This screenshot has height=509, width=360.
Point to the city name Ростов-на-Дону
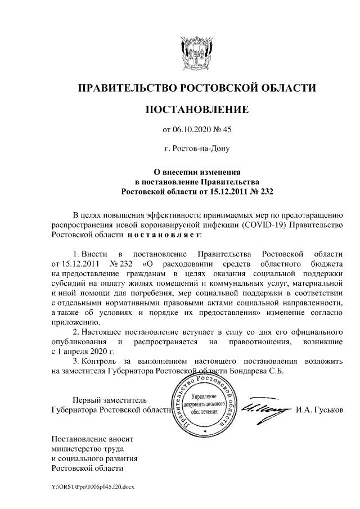click(197, 150)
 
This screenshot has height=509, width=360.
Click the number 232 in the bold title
click(262, 191)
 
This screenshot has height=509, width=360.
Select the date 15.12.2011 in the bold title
click(219, 191)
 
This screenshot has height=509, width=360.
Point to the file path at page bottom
click(93, 485)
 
